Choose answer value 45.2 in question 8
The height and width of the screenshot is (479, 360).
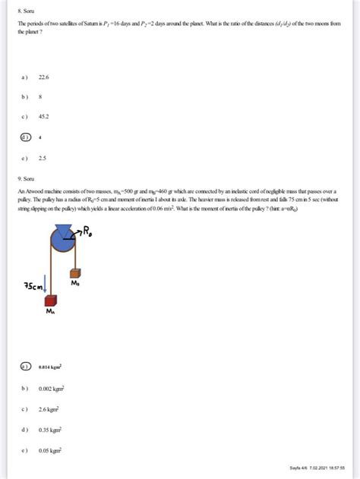53,116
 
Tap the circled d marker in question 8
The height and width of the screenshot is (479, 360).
26,137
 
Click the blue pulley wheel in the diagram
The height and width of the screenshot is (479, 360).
64,241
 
